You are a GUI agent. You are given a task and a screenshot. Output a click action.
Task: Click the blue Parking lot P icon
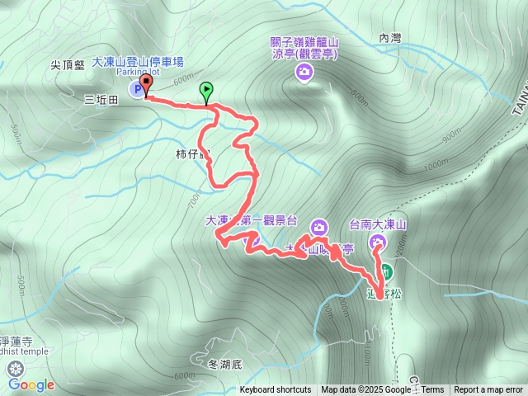[x=135, y=88]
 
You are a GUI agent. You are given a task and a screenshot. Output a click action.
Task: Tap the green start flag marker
[x=205, y=90]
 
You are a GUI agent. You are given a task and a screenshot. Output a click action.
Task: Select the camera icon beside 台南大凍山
[x=377, y=241]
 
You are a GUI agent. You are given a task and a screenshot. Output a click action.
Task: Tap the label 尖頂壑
[x=68, y=66]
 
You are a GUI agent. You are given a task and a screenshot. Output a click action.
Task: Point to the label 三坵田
[x=101, y=99]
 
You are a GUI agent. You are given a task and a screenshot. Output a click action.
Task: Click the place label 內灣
[x=389, y=37]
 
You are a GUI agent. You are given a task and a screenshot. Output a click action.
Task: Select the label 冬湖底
[x=224, y=364]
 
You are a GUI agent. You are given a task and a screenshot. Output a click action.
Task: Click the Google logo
[x=31, y=384]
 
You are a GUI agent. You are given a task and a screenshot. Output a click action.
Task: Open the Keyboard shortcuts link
[x=276, y=390]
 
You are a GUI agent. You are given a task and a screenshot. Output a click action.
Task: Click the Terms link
[x=432, y=390]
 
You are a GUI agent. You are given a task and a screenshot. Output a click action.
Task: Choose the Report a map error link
[x=488, y=390]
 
